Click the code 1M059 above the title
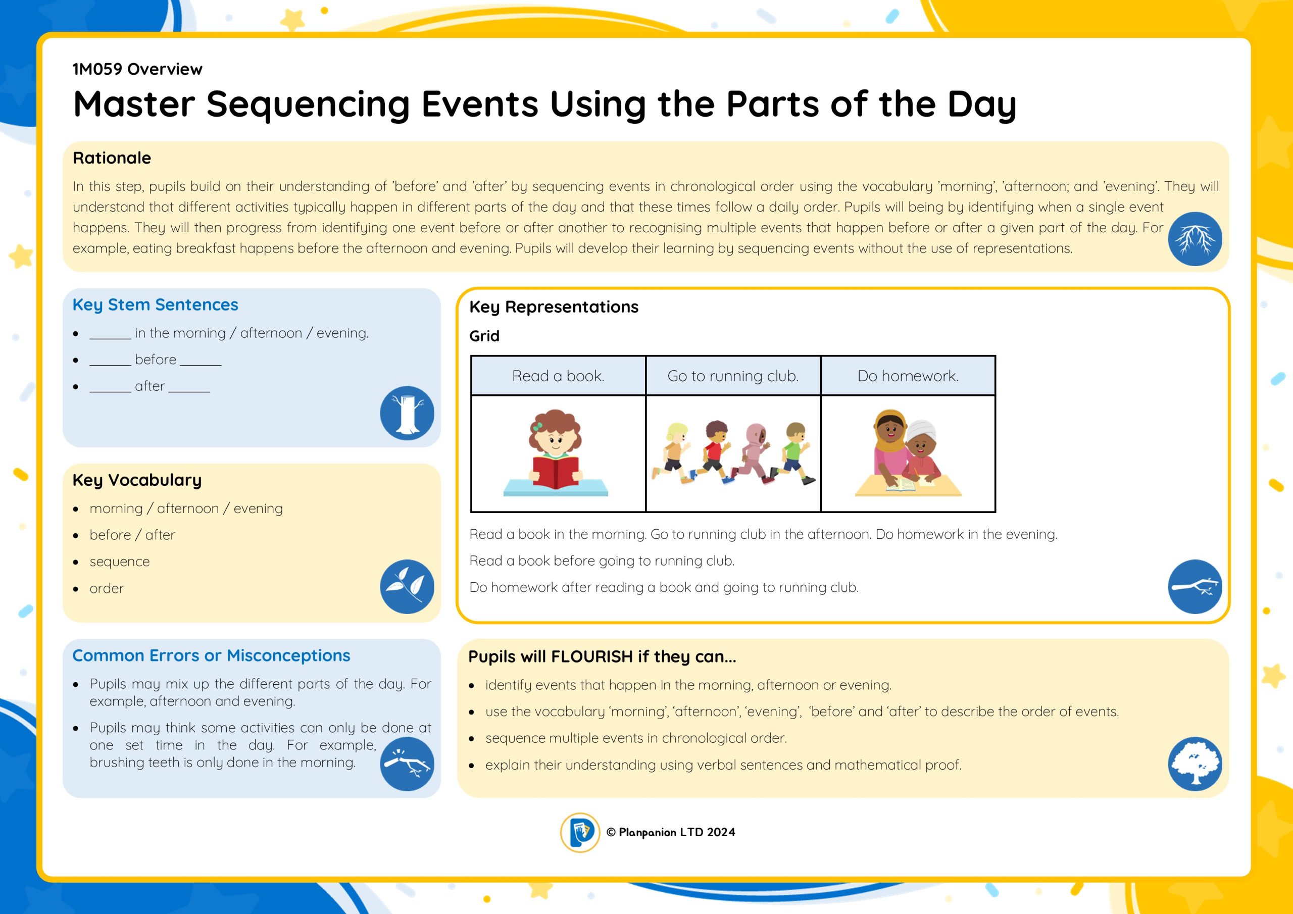coord(97,69)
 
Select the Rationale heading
coord(112,158)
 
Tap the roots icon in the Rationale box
coord(1195,239)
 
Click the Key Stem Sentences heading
coord(156,304)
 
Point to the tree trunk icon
coord(407,413)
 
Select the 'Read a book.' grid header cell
coord(558,376)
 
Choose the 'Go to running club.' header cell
coord(733,376)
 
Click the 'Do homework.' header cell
coord(908,376)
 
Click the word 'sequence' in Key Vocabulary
coord(119,562)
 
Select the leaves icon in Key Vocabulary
coord(407,586)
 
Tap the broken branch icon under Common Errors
coord(407,764)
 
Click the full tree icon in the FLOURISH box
coord(1195,764)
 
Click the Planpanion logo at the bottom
coord(580,832)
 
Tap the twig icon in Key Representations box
coord(1195,586)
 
